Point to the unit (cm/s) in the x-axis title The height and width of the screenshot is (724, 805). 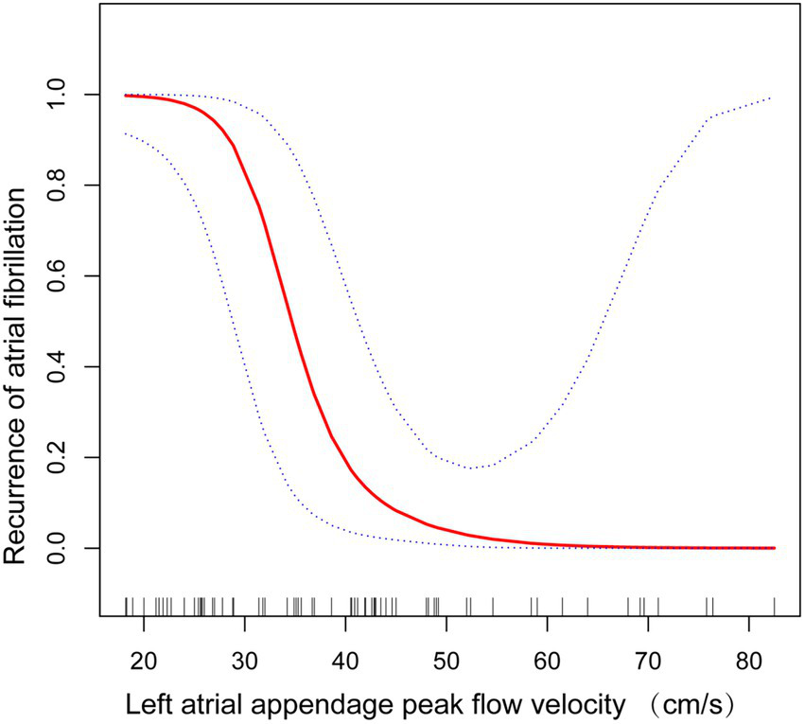[x=690, y=705]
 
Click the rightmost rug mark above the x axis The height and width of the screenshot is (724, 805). [x=775, y=606]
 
